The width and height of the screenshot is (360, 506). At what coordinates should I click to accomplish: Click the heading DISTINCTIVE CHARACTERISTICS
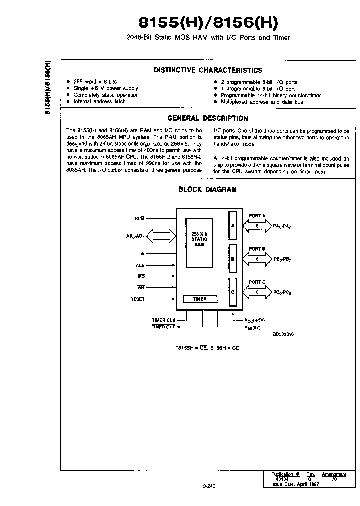[x=208, y=70]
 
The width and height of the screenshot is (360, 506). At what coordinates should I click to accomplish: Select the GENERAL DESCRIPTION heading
[x=208, y=118]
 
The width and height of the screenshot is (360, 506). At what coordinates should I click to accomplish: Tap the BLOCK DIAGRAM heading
[x=208, y=189]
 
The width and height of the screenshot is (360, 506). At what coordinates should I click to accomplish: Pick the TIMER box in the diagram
[x=200, y=299]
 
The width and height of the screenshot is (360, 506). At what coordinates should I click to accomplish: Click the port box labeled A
[x=233, y=225]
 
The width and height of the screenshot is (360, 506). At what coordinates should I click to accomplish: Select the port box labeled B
[x=233, y=259]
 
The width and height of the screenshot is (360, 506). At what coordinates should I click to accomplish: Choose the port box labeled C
[x=233, y=292]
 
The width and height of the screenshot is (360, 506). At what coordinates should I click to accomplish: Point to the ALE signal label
[x=140, y=265]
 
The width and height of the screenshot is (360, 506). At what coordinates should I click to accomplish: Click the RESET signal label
[x=137, y=299]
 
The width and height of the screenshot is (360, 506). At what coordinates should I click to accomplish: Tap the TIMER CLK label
[x=164, y=320]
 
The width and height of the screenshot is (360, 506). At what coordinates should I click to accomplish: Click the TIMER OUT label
[x=164, y=327]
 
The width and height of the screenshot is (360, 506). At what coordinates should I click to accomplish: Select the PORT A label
[x=257, y=216]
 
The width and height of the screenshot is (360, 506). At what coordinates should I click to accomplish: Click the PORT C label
[x=257, y=282]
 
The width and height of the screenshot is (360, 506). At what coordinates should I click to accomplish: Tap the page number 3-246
[x=209, y=485]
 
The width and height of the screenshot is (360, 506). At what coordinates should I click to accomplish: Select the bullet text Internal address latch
[x=99, y=102]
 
